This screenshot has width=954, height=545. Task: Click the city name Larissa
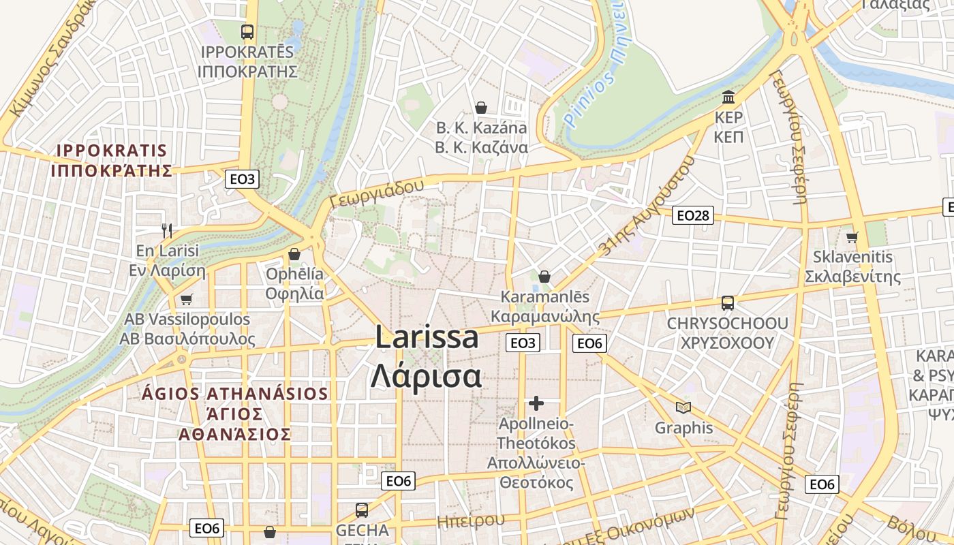pyautogui.click(x=427, y=338)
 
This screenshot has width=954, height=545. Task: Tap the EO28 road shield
pyautogui.click(x=692, y=216)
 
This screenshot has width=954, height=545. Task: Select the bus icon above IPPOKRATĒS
pyautogui.click(x=247, y=31)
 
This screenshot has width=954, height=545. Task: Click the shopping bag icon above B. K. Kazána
pyautogui.click(x=481, y=108)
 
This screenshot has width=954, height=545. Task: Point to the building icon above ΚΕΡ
pyautogui.click(x=728, y=97)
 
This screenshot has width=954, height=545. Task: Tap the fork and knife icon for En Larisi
pyautogui.click(x=167, y=230)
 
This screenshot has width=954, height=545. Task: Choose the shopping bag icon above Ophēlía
pyautogui.click(x=294, y=254)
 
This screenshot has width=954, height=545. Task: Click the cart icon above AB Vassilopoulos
pyautogui.click(x=187, y=299)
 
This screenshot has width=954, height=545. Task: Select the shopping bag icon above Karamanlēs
pyautogui.click(x=544, y=277)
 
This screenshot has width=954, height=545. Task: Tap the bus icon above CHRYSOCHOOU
pyautogui.click(x=728, y=302)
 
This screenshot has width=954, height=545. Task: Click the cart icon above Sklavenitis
pyautogui.click(x=852, y=237)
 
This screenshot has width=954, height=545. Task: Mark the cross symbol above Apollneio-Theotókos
pyautogui.click(x=536, y=403)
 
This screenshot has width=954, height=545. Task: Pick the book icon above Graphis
pyautogui.click(x=683, y=407)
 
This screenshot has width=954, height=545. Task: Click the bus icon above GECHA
pyautogui.click(x=362, y=510)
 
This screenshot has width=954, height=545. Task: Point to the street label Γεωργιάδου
pyautogui.click(x=375, y=193)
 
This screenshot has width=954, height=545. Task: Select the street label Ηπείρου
pyautogui.click(x=471, y=521)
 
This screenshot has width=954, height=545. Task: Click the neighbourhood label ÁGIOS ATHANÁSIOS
pyautogui.click(x=235, y=394)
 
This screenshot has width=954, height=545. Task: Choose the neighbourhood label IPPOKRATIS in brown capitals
pyautogui.click(x=112, y=151)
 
